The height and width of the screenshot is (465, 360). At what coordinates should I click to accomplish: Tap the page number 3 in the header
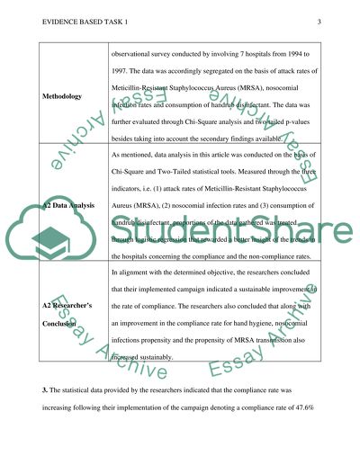point(319,22)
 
